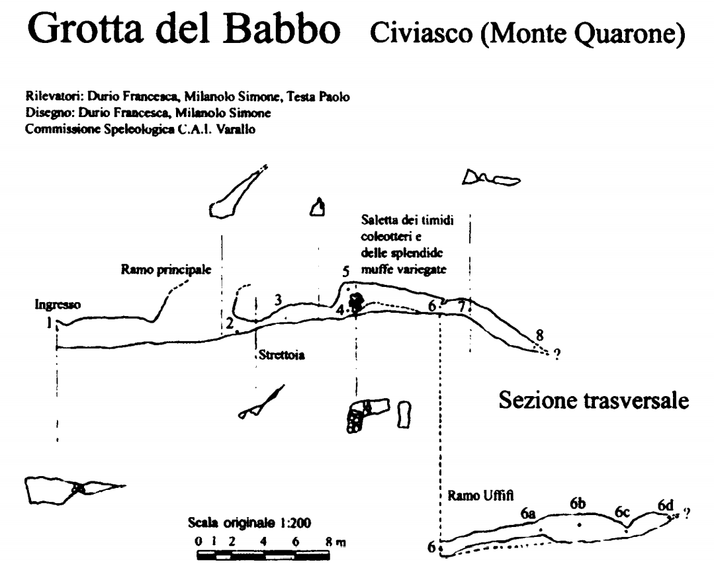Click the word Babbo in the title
coord(282,28)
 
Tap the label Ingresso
coord(58,305)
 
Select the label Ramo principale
coord(166,270)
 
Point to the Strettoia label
coord(282,355)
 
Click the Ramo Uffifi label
coord(480,495)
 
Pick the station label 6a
coord(528,514)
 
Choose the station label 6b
coord(578,504)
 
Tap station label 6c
coord(622,512)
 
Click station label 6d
coord(665,505)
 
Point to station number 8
coord(539,336)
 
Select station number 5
coord(345,272)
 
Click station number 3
coord(278,300)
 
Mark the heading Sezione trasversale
coord(594,400)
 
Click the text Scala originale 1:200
coord(249,522)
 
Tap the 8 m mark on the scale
coord(335,542)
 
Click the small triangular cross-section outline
coord(318,208)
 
